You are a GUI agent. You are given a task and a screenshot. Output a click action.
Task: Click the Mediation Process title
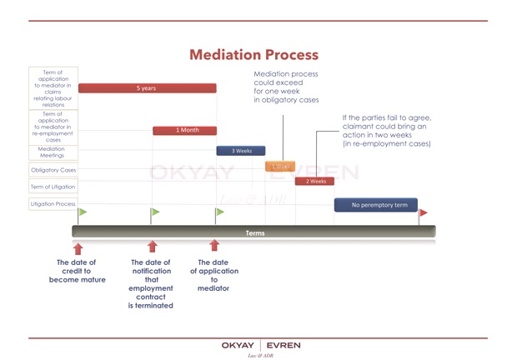pyautogui.click(x=254, y=55)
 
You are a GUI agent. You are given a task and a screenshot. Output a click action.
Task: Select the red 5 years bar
pyautogui.click(x=147, y=87)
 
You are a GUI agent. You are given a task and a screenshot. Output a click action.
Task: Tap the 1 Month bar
pyautogui.click(x=184, y=130)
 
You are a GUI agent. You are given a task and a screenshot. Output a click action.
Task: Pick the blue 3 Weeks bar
pyautogui.click(x=241, y=151)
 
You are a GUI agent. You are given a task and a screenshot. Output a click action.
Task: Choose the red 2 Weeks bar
pyautogui.click(x=315, y=181)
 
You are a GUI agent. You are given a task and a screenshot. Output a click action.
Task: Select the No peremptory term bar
pyautogui.click(x=375, y=204)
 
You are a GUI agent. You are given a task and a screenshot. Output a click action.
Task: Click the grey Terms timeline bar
pyautogui.click(x=254, y=232)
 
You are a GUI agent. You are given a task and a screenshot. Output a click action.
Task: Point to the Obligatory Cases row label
pyautogui.click(x=53, y=171)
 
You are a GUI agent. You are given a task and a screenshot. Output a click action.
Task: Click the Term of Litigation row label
pyautogui.click(x=53, y=187)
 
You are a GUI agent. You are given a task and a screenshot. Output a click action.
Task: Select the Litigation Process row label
pyautogui.click(x=53, y=203)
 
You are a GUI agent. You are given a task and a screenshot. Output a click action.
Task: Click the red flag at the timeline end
pyautogui.click(x=423, y=213)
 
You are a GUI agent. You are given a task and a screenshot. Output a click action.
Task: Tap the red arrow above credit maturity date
pyautogui.click(x=78, y=247)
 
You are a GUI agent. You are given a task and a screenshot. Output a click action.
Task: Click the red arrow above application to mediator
pyautogui.click(x=214, y=245)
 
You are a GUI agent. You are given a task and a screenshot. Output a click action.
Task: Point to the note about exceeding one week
pyautogui.click(x=286, y=87)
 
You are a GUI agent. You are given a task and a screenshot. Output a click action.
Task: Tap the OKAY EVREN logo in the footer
pyautogui.click(x=261, y=345)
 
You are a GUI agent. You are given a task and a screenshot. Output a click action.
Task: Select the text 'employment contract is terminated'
pyautogui.click(x=151, y=297)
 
